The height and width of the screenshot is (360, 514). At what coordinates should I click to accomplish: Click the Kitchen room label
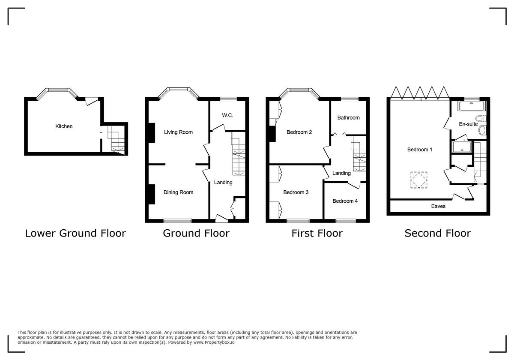coord(64,126)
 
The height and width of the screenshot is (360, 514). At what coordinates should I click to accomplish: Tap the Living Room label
coord(178,132)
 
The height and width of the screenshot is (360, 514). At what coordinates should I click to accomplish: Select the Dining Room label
coord(178,192)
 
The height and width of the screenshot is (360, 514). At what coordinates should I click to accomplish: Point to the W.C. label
coord(227,116)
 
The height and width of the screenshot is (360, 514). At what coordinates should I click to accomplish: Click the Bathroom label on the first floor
coord(348,117)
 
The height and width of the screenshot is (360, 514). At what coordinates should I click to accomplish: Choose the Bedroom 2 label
coord(299,132)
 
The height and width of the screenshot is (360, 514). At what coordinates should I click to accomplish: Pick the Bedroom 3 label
coord(296,192)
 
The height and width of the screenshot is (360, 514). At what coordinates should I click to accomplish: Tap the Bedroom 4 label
coord(345,201)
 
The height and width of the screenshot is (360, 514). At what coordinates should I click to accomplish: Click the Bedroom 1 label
coord(419,150)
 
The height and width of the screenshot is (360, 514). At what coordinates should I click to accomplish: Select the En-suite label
coord(468,124)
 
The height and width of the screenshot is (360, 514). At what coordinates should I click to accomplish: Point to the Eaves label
coord(438,206)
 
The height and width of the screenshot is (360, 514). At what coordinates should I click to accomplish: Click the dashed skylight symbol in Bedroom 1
coord(419,180)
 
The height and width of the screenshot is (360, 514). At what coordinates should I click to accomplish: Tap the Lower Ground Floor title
coord(75,233)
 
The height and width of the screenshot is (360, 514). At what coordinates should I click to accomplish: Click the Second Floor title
coord(437,233)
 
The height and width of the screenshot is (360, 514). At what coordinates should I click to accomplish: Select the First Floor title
coord(317,233)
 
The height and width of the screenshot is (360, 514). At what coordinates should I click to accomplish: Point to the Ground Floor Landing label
coord(223,183)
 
